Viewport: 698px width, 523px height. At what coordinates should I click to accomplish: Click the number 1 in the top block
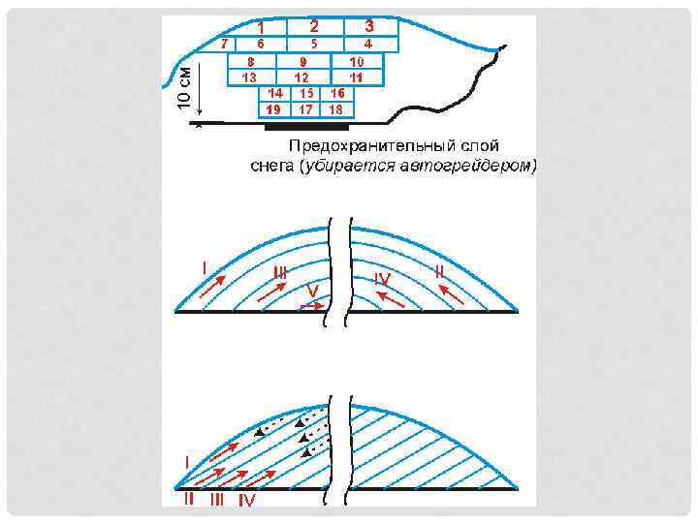261,27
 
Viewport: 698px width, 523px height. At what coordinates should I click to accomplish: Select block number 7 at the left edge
224,44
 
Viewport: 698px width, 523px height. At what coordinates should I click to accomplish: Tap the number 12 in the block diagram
301,77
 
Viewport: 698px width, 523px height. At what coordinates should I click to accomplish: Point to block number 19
273,109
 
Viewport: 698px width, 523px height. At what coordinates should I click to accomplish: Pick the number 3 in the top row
369,25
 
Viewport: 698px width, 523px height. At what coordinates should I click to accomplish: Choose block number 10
357,61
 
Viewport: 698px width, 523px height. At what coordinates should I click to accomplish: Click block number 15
306,93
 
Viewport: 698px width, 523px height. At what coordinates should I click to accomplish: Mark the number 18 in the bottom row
336,109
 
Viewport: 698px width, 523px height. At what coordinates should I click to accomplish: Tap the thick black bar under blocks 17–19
305,126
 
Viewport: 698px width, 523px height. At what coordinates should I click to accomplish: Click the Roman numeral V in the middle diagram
312,290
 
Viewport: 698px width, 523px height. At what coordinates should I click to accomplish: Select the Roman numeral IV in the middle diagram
383,279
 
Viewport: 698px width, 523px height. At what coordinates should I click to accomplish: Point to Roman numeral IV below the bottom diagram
246,500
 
